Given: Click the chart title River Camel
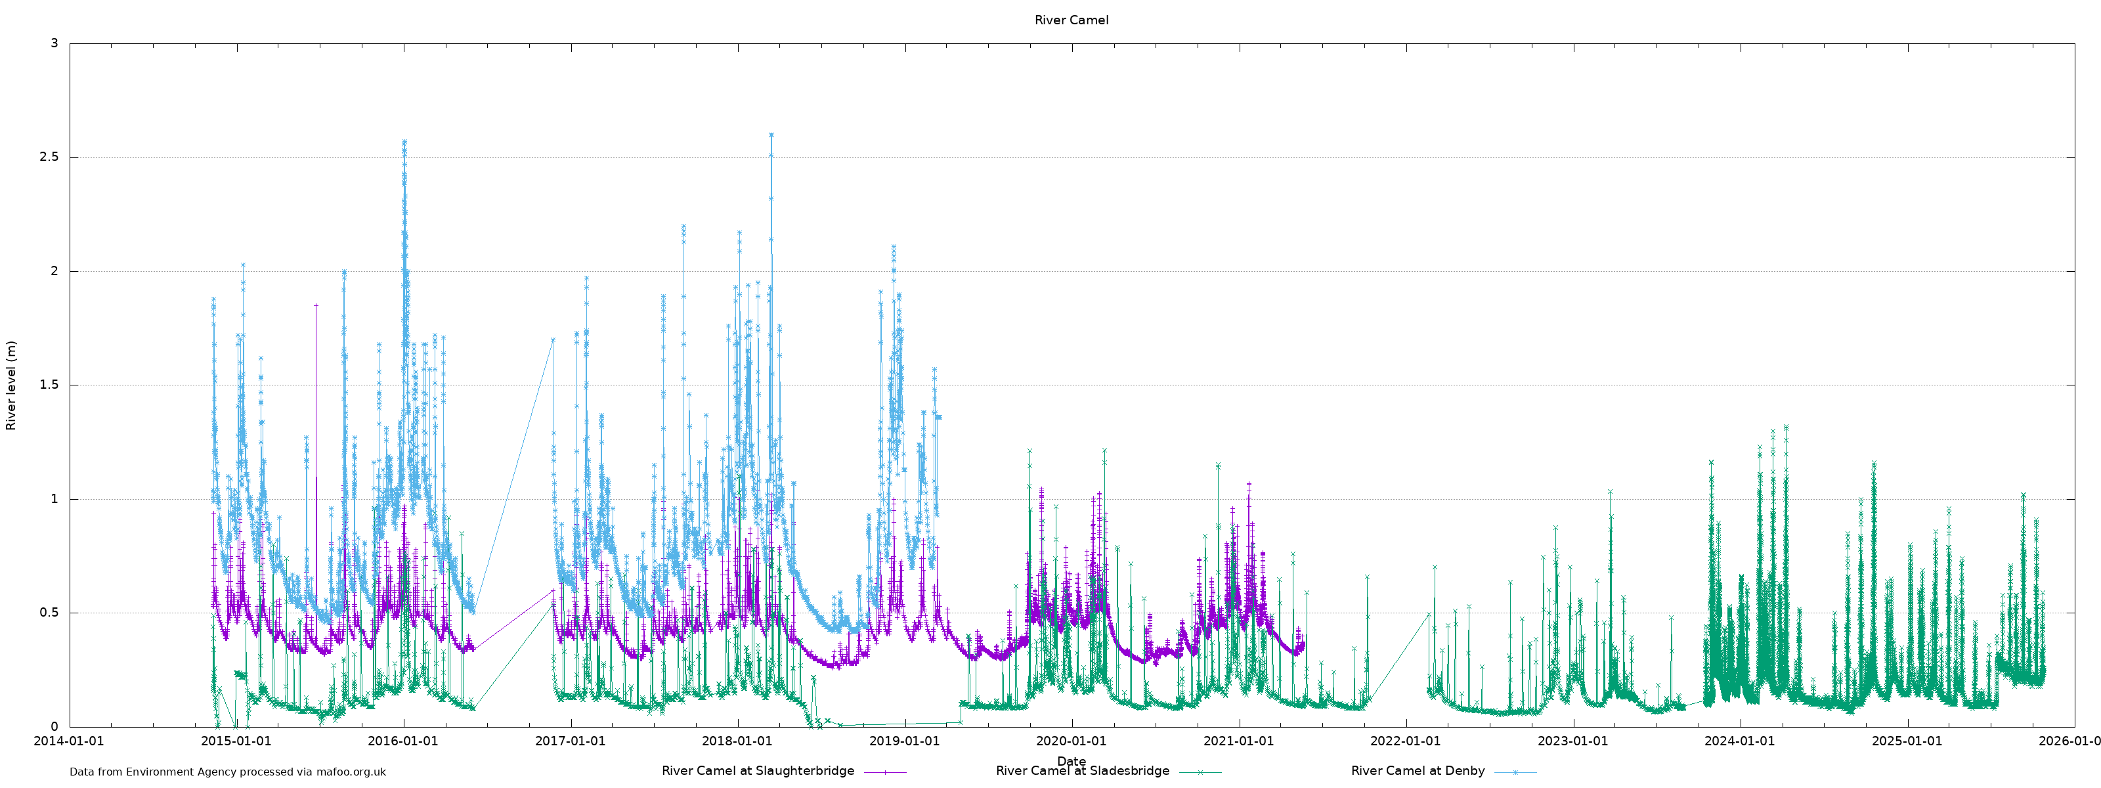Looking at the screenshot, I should tap(1071, 20).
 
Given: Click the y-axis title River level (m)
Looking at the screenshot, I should tap(11, 385).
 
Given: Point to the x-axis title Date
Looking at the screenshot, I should tap(1071, 761).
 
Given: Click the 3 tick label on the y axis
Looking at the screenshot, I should tap(54, 43).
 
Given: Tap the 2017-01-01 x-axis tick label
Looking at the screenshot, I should tap(570, 741).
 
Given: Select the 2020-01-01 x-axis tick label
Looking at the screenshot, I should tap(1071, 741).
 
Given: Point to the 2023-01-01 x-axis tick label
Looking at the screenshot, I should tap(1572, 741).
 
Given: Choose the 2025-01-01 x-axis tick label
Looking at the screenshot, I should tap(1907, 741).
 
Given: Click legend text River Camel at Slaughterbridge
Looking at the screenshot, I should tap(758, 771).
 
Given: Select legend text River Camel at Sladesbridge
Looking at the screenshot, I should tap(1082, 771).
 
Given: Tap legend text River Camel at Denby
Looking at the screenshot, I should tap(1418, 771).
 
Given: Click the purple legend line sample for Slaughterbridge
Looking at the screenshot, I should tap(885, 772).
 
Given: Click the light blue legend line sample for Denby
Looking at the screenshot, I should tap(1515, 772).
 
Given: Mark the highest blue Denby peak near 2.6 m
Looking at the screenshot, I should tap(771, 135).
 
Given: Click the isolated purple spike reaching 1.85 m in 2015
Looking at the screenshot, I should tap(316, 306).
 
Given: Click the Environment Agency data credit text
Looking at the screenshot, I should tap(228, 772).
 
